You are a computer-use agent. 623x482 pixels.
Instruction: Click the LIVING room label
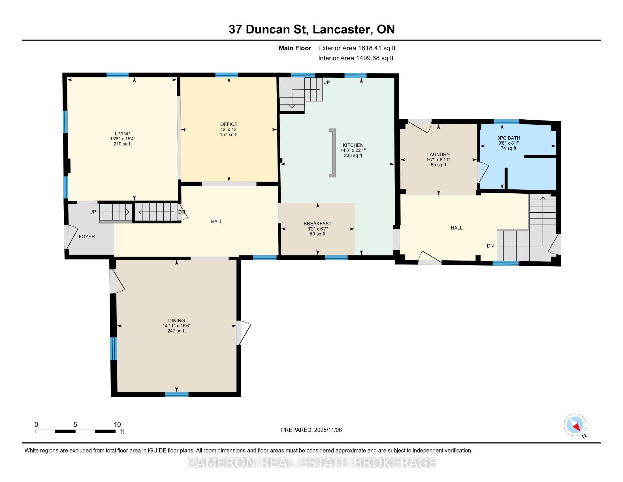(123, 134)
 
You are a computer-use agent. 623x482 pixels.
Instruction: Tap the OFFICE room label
(229, 124)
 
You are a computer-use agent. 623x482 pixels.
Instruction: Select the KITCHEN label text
(353, 145)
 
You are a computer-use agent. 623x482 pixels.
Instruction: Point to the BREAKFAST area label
(317, 224)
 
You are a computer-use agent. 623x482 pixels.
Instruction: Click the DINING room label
(177, 320)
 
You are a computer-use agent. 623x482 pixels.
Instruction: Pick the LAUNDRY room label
(438, 155)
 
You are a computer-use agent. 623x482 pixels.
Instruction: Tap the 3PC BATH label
(509, 138)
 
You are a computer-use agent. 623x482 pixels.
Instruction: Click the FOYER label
(87, 236)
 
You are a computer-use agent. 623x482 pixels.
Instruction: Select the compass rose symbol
(575, 425)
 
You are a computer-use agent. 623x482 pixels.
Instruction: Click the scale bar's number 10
(117, 424)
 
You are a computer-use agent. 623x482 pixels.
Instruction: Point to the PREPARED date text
(311, 430)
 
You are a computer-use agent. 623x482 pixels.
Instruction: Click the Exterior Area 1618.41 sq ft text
(357, 48)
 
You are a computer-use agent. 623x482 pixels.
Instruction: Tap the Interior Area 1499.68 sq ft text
(356, 58)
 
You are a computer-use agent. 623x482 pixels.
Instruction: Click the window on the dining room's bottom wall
(177, 394)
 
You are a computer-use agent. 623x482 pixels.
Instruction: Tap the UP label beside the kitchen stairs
(326, 82)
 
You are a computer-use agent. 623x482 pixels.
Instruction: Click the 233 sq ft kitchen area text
(353, 155)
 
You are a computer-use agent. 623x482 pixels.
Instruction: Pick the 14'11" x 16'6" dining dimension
(177, 325)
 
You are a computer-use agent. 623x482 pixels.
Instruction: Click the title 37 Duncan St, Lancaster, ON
(311, 29)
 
